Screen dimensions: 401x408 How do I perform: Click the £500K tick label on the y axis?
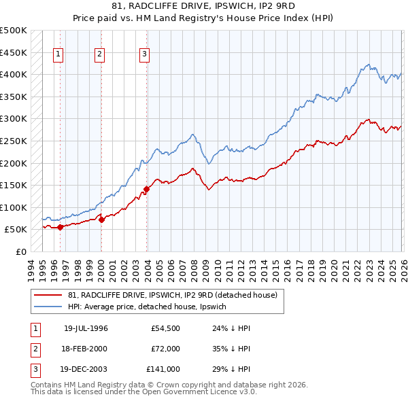14,31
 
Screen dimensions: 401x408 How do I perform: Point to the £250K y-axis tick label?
14,141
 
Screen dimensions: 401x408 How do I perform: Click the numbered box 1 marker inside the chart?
58,55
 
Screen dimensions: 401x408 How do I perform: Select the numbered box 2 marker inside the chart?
100,55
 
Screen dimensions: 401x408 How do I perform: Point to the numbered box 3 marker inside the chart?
145,55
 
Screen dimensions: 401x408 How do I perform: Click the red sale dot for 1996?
60,228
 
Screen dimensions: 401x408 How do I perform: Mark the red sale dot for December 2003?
146,190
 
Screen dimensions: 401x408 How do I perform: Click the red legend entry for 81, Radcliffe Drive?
172,296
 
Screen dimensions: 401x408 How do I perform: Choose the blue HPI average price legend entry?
151,307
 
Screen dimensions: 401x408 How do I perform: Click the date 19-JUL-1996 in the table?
86,328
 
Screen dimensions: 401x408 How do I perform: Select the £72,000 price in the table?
166,349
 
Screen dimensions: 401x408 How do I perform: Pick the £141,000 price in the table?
164,370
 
